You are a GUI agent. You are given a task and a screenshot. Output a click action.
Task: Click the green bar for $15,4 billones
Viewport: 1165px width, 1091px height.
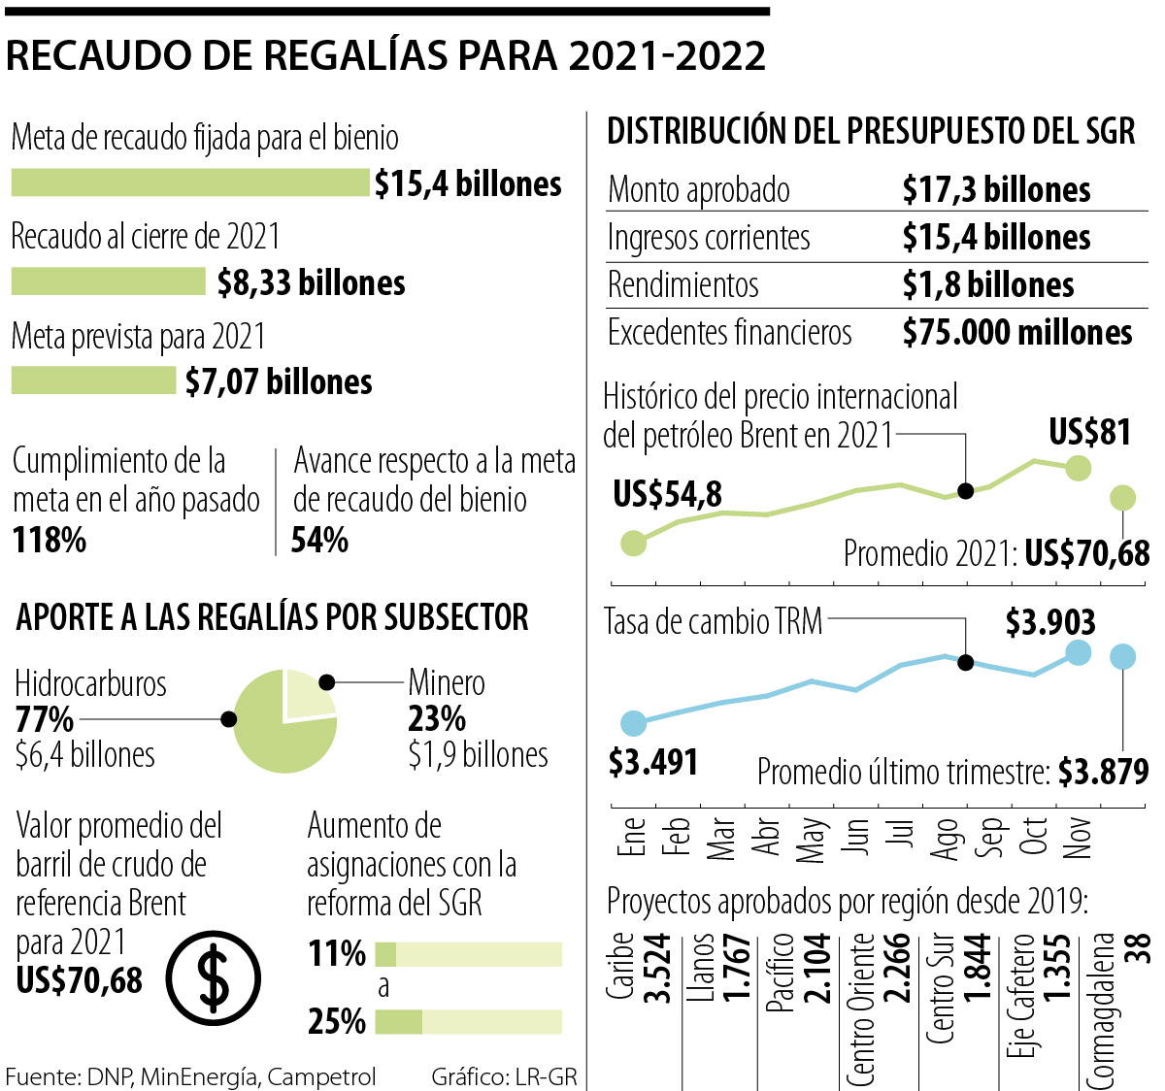point(190,182)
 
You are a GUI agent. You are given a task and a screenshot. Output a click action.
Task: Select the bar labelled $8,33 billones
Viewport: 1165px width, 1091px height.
point(108,281)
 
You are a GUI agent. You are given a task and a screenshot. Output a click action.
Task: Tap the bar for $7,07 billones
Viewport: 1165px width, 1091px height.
point(93,380)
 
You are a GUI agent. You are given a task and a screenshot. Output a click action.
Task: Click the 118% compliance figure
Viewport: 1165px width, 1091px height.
point(50,540)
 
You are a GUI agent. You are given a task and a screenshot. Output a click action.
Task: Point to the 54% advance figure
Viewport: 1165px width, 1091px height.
point(319,540)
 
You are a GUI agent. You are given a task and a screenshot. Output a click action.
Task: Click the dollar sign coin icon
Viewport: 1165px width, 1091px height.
point(213,976)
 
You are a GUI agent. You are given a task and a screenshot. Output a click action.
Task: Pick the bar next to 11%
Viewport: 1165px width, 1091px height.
point(468,954)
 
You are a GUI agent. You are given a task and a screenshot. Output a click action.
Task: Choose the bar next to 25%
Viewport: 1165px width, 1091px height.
point(468,1021)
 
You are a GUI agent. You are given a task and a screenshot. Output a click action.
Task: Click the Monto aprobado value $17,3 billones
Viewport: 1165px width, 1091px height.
point(996,190)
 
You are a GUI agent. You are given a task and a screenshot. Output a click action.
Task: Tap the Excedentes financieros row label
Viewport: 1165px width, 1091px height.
point(729,333)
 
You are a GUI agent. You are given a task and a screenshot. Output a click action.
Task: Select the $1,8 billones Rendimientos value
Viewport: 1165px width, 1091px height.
point(988,285)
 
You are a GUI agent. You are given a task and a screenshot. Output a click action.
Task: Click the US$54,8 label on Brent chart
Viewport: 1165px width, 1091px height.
point(667,495)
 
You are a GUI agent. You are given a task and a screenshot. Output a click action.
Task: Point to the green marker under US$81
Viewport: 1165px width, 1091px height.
point(1078,469)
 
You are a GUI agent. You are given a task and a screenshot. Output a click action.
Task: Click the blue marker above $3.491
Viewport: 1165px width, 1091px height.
point(633,723)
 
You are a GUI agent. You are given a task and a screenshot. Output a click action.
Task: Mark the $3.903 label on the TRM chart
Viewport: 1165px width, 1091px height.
point(1050,622)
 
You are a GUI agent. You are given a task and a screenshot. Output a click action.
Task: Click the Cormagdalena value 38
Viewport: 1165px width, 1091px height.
point(1137,948)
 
